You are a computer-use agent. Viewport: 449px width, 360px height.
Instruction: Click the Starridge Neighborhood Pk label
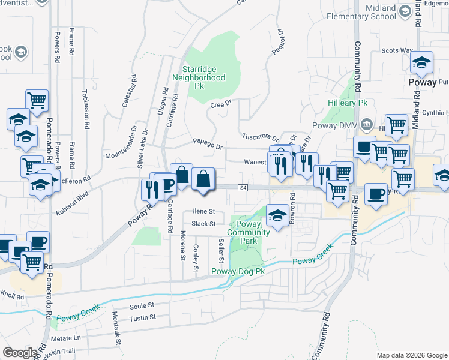click(x=199, y=77)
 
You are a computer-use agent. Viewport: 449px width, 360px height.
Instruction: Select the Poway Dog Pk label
click(x=238, y=271)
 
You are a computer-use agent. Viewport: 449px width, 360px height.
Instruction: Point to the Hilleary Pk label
click(x=347, y=103)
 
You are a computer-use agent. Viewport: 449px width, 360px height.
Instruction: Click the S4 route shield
click(x=243, y=188)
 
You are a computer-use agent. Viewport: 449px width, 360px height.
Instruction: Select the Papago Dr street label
click(x=208, y=145)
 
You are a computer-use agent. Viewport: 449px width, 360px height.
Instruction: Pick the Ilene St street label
click(x=204, y=212)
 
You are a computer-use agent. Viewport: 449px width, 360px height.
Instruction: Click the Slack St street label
click(x=203, y=224)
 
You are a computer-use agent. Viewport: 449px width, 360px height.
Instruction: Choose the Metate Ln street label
click(x=70, y=338)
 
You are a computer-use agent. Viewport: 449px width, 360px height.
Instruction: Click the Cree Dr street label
click(x=221, y=104)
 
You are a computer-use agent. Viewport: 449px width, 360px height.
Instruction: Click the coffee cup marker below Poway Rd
click(x=376, y=194)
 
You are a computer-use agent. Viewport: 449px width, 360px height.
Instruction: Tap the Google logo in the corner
click(x=20, y=353)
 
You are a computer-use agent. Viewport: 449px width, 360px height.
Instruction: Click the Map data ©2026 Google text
click(x=411, y=355)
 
